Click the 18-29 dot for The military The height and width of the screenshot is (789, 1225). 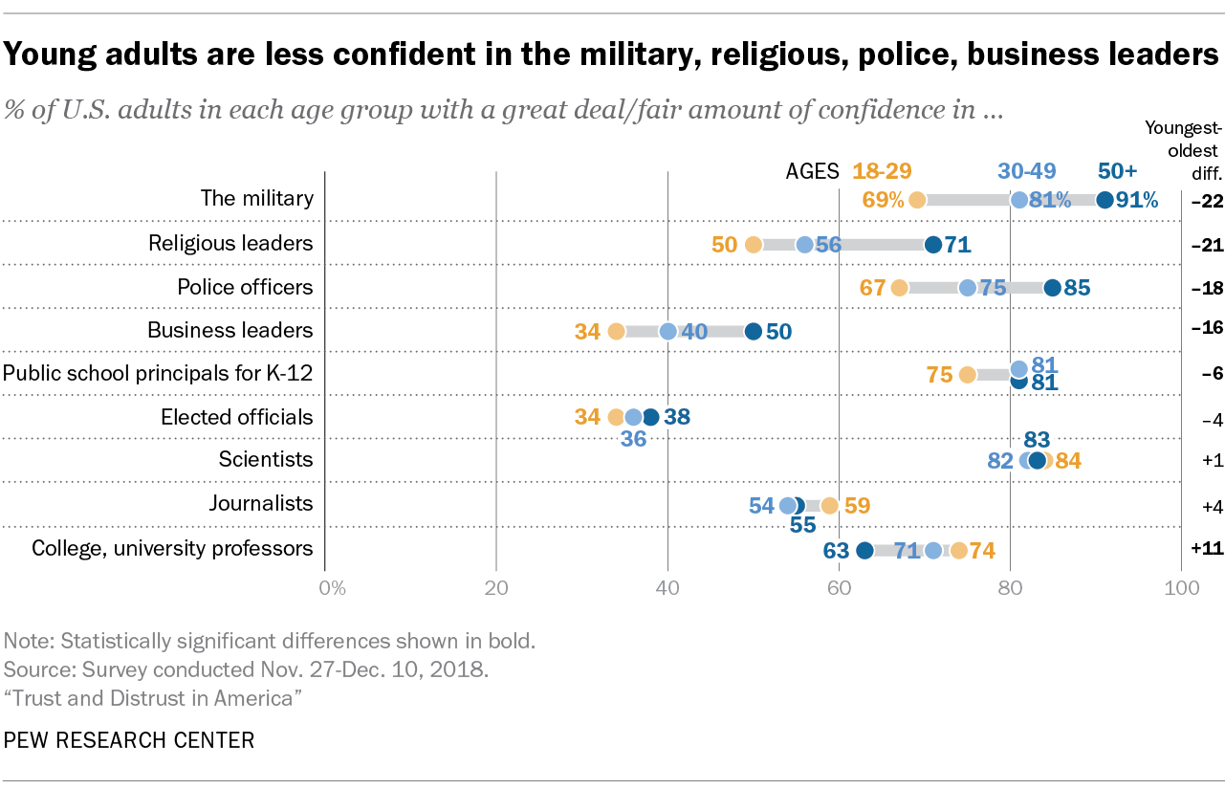(x=917, y=200)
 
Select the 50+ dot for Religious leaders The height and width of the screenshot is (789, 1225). (x=933, y=245)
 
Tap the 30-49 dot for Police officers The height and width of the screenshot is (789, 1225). (x=968, y=288)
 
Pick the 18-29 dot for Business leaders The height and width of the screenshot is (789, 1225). (x=616, y=332)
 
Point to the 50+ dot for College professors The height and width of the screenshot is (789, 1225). (x=864, y=550)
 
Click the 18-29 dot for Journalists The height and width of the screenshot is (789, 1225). (x=830, y=505)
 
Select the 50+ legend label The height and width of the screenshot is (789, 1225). (x=1117, y=171)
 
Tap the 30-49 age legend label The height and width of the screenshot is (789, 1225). (x=1027, y=171)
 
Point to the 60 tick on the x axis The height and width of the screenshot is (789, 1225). (x=839, y=588)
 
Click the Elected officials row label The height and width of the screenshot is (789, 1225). (x=236, y=417)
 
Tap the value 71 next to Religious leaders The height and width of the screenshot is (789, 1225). (x=957, y=245)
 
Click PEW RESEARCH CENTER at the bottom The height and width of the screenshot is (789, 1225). (x=130, y=740)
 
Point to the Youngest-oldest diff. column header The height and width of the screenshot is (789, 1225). (x=1182, y=150)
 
